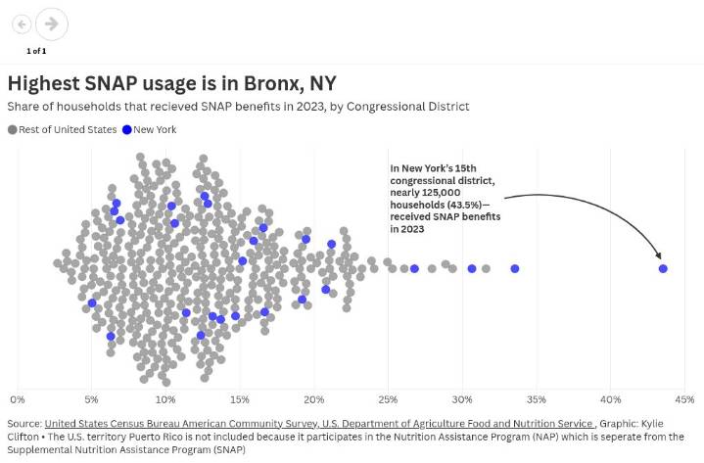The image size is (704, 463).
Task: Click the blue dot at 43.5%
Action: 663,268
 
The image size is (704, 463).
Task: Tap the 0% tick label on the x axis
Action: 17,399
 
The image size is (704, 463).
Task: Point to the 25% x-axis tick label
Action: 388,399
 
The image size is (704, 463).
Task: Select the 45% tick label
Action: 684,399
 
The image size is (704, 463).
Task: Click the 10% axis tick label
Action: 165,399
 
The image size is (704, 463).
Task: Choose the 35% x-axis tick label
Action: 536,399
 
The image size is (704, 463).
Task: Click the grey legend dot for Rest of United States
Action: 13,129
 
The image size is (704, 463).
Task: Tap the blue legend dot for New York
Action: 127,129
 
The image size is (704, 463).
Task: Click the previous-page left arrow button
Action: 22,23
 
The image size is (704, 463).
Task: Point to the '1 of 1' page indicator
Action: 36,50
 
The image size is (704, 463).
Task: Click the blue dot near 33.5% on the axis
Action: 514,268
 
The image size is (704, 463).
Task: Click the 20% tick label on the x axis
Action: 313,399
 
